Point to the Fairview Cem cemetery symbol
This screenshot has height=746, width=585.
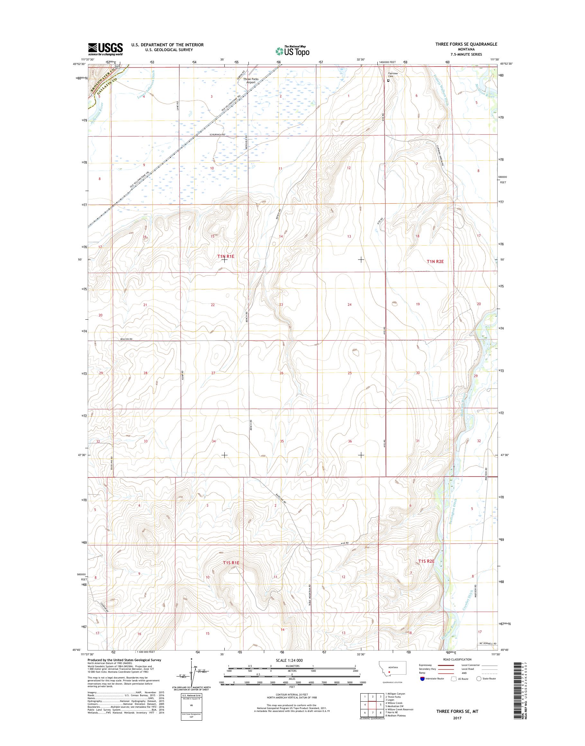click(x=388, y=80)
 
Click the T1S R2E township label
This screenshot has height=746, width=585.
click(x=427, y=561)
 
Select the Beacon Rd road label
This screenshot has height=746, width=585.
click(x=126, y=339)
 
